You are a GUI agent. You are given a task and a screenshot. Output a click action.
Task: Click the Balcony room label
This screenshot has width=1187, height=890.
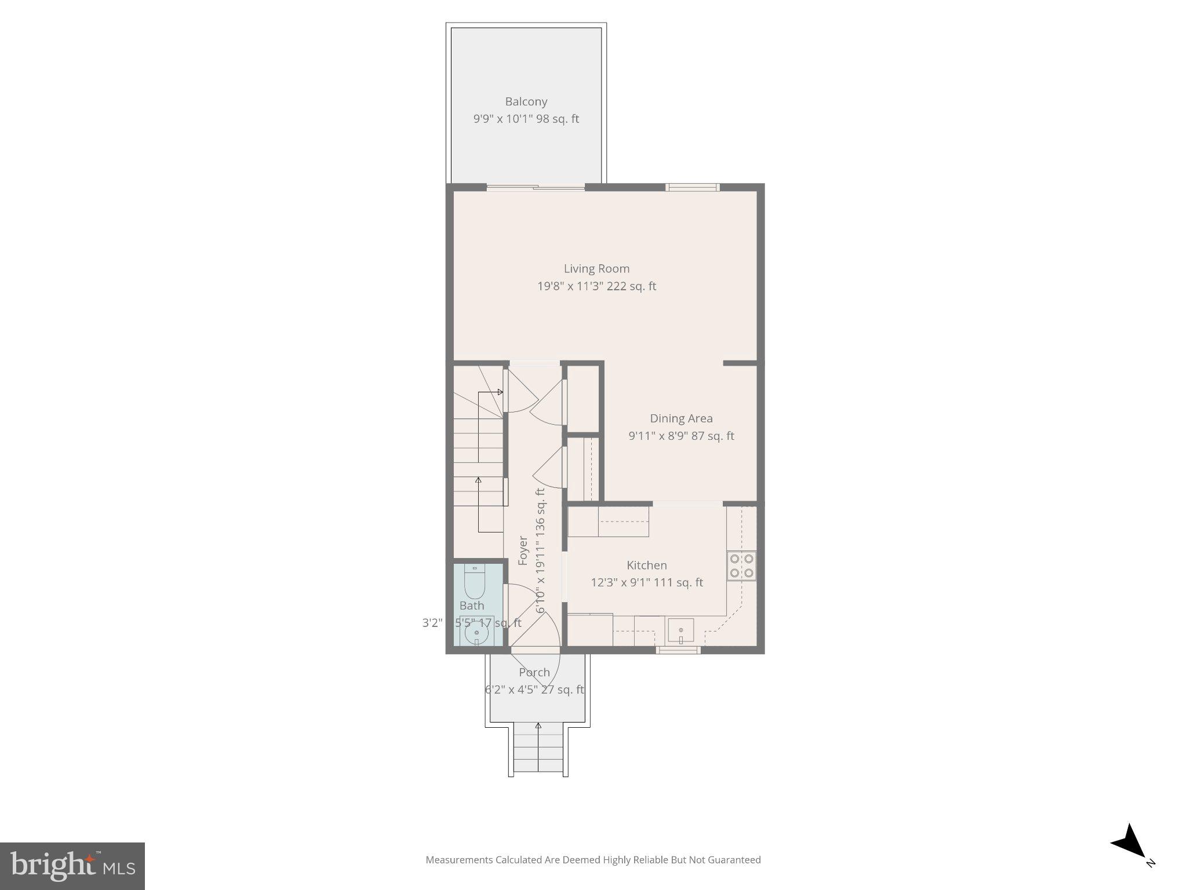[526, 102]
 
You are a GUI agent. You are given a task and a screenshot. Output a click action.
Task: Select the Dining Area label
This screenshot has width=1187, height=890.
[681, 418]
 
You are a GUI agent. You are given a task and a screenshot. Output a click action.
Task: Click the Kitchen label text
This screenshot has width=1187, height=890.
[646, 565]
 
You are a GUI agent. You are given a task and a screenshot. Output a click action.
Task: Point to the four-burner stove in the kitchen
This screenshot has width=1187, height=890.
[741, 566]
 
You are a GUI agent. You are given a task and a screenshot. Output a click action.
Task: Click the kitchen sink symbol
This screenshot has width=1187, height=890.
[680, 630]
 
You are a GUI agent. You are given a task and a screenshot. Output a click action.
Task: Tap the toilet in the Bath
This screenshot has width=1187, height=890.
[474, 583]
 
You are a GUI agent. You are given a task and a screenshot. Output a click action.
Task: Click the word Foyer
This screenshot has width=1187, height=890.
[523, 550]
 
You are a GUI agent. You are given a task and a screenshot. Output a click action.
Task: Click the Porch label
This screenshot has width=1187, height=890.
[534, 673]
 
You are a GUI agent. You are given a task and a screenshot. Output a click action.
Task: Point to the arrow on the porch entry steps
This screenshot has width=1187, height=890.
[538, 726]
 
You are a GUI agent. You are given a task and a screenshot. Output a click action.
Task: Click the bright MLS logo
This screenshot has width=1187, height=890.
[72, 866]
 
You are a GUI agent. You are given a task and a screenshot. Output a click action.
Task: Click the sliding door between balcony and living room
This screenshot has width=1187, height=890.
[536, 187]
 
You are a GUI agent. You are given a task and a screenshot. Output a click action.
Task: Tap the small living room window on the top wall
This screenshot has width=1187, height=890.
[692, 187]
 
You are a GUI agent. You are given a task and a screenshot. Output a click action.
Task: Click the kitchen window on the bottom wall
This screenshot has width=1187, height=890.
[678, 650]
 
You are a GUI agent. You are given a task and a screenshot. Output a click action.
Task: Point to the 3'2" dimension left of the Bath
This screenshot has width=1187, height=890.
[432, 623]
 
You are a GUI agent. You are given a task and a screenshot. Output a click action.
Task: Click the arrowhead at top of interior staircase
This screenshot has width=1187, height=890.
[500, 392]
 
